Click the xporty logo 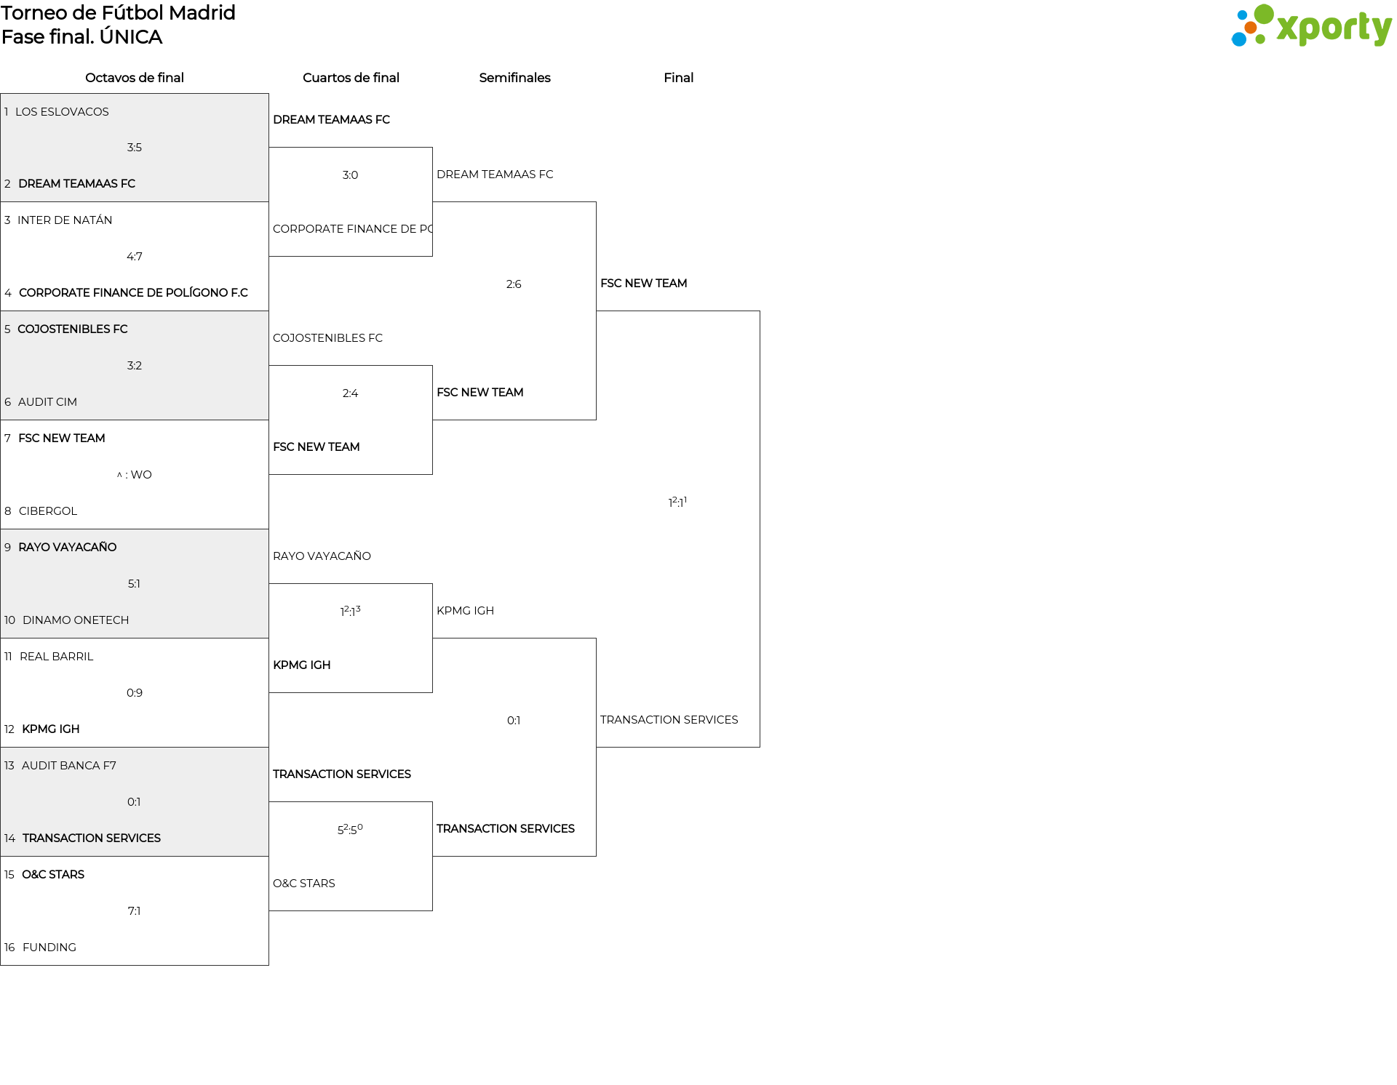point(1311,26)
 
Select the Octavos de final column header point(135,78)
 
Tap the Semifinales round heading point(514,78)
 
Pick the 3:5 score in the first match point(135,147)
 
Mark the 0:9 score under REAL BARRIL point(135,692)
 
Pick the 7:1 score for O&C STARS point(135,910)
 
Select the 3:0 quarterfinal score point(350,175)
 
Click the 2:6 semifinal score point(514,284)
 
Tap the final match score point(677,501)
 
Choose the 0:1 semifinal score point(514,720)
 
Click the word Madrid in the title point(202,13)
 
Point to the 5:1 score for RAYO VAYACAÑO point(135,583)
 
